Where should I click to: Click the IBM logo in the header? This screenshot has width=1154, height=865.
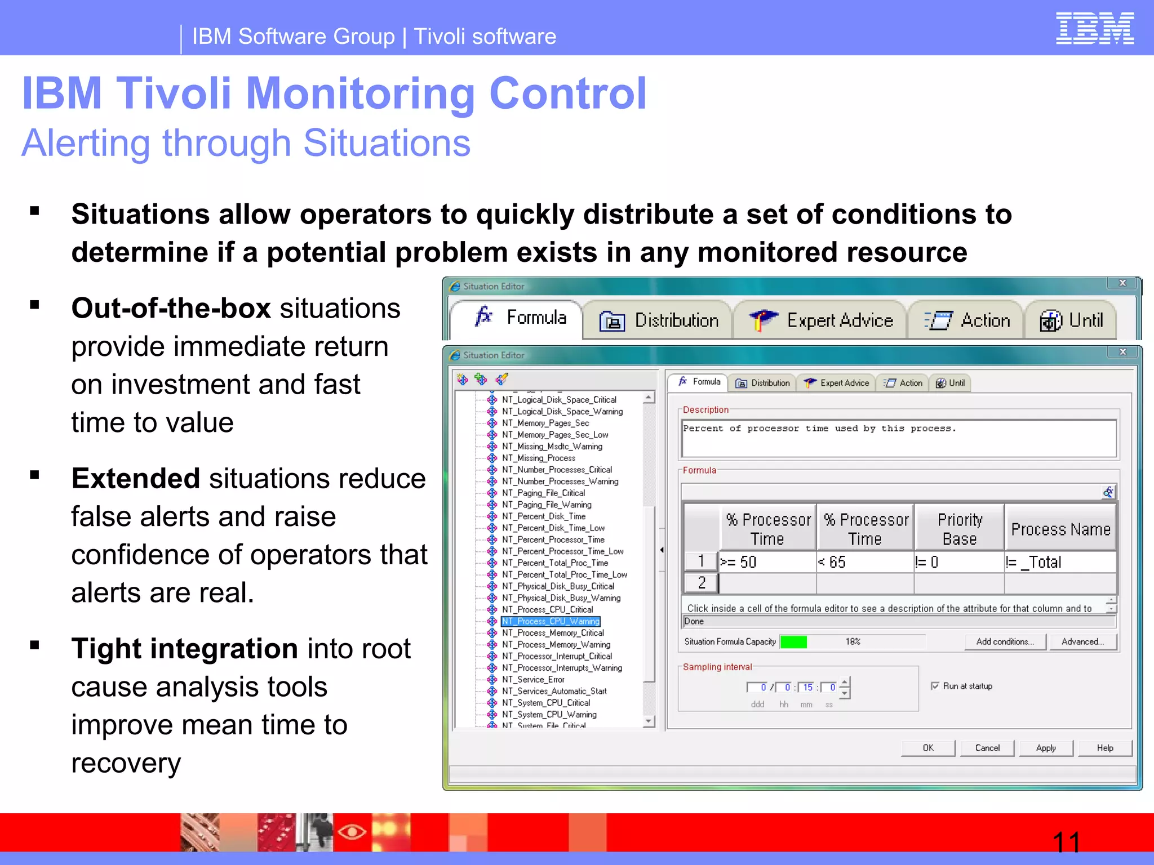[1094, 28]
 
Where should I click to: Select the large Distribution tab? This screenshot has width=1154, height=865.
[658, 320]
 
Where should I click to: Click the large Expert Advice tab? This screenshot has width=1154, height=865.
[821, 320]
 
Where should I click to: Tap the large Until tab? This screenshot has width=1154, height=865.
[1071, 320]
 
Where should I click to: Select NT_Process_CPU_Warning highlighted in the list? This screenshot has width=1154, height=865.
[551, 621]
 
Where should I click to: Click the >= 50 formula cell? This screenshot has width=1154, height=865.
[766, 562]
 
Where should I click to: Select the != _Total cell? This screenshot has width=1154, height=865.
[1059, 562]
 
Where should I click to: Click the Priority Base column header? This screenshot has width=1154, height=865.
[960, 529]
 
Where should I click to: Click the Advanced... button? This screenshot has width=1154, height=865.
[1082, 641]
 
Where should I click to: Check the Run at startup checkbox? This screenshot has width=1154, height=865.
[935, 686]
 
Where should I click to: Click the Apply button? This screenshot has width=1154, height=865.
[1046, 748]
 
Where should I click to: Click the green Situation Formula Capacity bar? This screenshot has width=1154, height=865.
[793, 641]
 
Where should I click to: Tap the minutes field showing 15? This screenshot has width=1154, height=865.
[807, 687]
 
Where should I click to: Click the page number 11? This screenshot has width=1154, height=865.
[1066, 842]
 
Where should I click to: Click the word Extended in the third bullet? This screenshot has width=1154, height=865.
[135, 479]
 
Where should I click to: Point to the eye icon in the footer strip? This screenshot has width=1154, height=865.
[352, 831]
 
